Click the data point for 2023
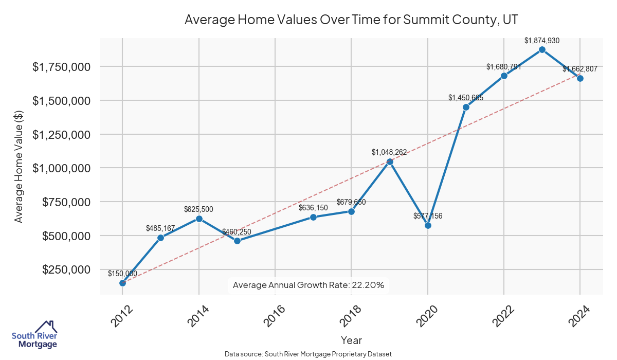[x=542, y=49]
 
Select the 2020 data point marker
[x=428, y=225]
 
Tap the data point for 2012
[x=122, y=283]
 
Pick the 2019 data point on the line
[x=390, y=161]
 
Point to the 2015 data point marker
[x=237, y=241]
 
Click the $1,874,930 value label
[x=542, y=40]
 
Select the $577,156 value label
[x=428, y=216]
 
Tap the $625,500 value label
[x=198, y=209]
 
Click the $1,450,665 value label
[x=466, y=98]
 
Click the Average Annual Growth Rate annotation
[x=308, y=285]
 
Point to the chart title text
[x=351, y=20]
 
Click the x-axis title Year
[x=351, y=340]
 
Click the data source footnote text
[x=308, y=354]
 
